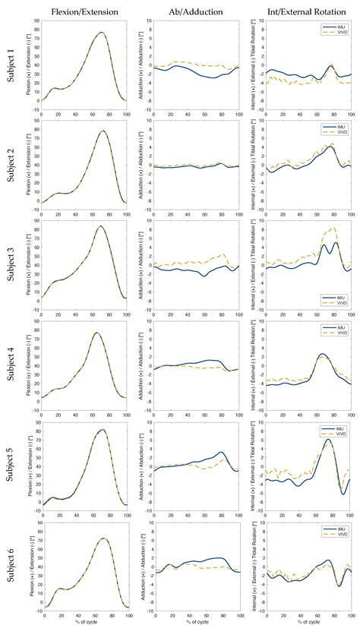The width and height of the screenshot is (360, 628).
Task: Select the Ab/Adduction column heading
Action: (194, 11)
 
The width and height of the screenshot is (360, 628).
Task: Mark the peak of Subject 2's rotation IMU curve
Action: (331, 147)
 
